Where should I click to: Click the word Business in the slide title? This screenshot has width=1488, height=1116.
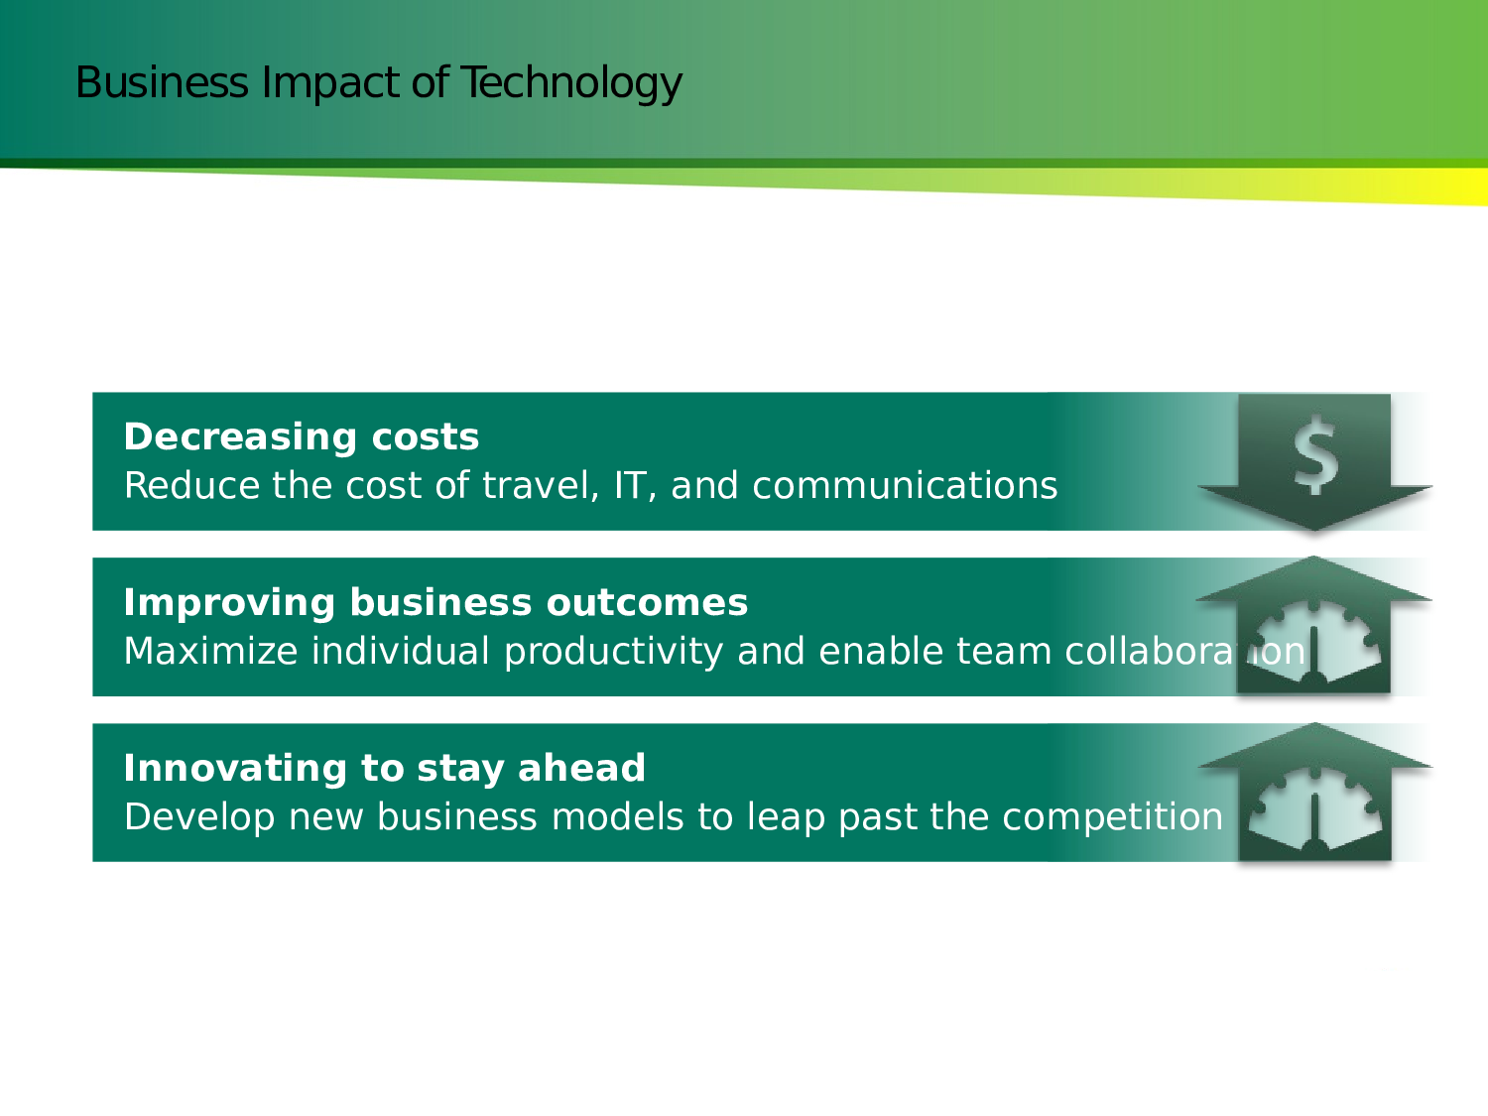tap(162, 82)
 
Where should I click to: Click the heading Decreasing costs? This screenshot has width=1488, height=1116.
tap(301, 436)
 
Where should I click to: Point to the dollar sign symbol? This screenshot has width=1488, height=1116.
tap(1315, 454)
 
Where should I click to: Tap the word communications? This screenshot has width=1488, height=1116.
tap(905, 486)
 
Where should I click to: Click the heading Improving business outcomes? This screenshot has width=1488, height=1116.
tap(435, 602)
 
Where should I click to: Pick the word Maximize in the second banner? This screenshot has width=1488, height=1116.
tap(211, 651)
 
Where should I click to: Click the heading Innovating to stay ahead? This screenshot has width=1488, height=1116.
tap(384, 769)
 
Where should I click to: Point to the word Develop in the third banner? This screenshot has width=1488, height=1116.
tap(199, 817)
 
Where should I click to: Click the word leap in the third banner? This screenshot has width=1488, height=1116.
tap(785, 817)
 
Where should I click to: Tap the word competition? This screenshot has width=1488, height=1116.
tap(1112, 817)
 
